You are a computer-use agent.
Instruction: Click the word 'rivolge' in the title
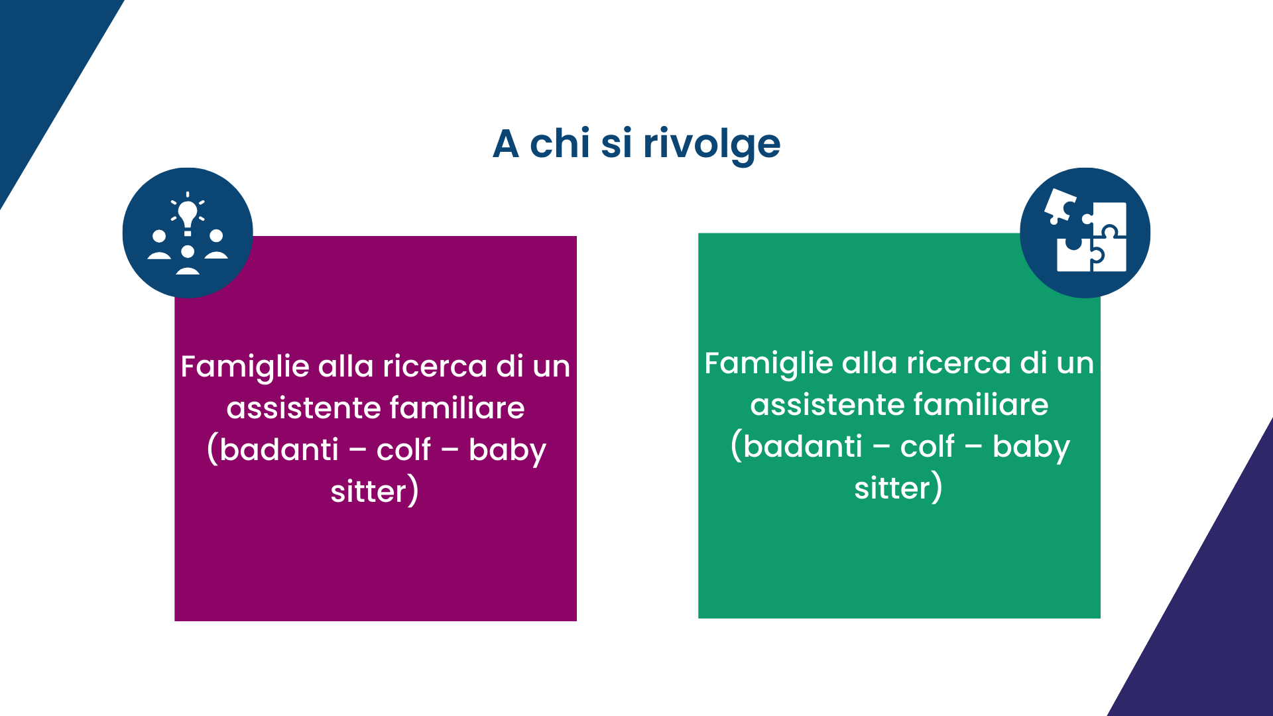[x=711, y=144]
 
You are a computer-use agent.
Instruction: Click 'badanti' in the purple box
[x=279, y=449]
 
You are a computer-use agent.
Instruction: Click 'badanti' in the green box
[x=803, y=446]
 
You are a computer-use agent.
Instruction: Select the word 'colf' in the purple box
[x=404, y=449]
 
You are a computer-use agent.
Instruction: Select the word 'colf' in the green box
[x=928, y=446]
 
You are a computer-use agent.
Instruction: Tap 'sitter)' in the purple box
[x=375, y=491]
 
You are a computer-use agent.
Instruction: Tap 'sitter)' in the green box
[x=898, y=488]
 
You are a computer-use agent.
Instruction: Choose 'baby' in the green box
[x=1031, y=447]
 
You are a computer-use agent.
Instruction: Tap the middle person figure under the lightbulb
[x=188, y=260]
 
